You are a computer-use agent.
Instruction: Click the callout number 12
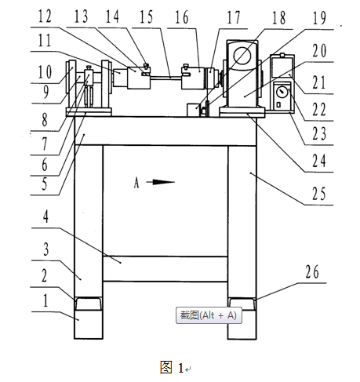pyautogui.click(x=45, y=16)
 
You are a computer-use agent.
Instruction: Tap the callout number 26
pyautogui.click(x=312, y=271)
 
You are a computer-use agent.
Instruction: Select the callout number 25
pyautogui.click(x=319, y=194)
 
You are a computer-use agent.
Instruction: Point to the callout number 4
pyautogui.click(x=45, y=216)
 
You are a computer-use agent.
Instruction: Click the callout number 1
pyautogui.click(x=45, y=300)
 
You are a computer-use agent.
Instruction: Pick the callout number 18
pyautogui.click(x=278, y=18)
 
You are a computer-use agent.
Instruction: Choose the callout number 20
pyautogui.click(x=319, y=50)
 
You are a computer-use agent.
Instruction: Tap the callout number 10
pyautogui.click(x=45, y=71)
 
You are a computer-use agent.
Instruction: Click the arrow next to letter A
pyautogui.click(x=160, y=182)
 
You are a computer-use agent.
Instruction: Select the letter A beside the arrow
pyautogui.click(x=136, y=183)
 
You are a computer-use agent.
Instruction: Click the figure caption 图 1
pyautogui.click(x=172, y=367)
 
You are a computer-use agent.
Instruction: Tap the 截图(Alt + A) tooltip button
pyautogui.click(x=209, y=315)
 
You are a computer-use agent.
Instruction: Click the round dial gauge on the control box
pyautogui.click(x=282, y=93)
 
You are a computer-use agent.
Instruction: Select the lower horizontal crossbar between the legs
pyautogui.click(x=165, y=269)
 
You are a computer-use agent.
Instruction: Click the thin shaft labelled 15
pyautogui.click(x=165, y=77)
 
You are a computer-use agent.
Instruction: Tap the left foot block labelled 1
pyautogui.click(x=89, y=325)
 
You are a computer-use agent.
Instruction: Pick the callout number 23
pyautogui.click(x=319, y=133)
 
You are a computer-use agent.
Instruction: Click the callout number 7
pyautogui.click(x=45, y=144)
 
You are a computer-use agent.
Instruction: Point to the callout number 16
pyautogui.click(x=181, y=17)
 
